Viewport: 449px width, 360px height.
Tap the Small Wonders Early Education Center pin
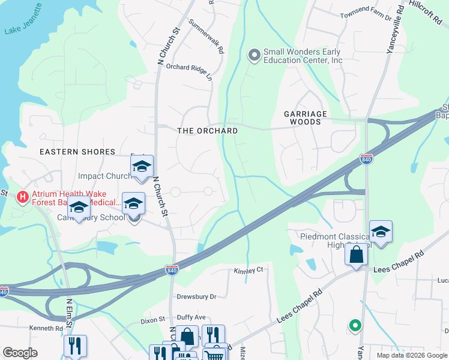click(x=254, y=55)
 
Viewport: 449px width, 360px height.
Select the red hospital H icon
click(x=23, y=196)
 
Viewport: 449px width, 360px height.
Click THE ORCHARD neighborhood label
click(x=207, y=131)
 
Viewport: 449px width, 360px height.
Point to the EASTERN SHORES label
click(x=77, y=152)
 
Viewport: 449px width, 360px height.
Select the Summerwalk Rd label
click(x=206, y=37)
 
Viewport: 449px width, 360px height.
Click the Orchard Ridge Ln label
click(x=189, y=73)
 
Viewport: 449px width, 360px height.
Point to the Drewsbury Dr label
click(x=196, y=296)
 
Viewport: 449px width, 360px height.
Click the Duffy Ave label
click(x=191, y=317)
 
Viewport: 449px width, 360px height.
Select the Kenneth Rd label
click(x=47, y=329)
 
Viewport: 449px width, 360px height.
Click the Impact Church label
click(x=104, y=176)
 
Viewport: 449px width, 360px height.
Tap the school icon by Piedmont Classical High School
click(x=381, y=231)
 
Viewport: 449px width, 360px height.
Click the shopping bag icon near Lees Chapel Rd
click(x=356, y=254)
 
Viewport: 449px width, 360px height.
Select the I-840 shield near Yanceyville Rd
click(x=367, y=159)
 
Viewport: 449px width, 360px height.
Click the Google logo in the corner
click(x=20, y=353)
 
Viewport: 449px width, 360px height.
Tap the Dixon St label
click(x=153, y=320)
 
